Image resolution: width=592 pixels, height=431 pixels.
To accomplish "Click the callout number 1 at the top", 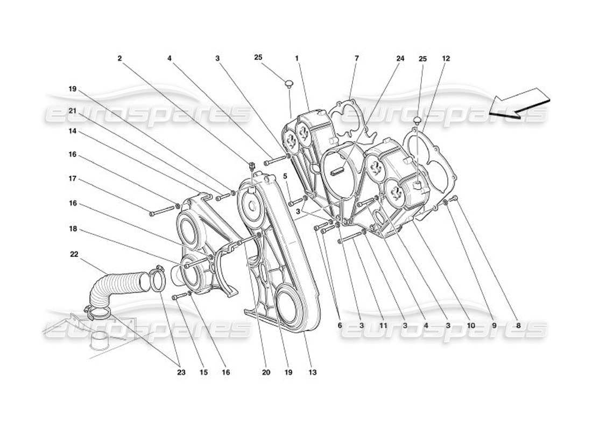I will tap(297, 58).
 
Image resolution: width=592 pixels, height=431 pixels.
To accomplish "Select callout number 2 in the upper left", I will tap(119, 58).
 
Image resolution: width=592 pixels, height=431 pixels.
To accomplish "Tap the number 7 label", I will tap(356, 58).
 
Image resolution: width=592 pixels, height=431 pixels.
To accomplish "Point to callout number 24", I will tap(400, 58).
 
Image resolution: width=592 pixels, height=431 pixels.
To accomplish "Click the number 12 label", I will tap(446, 58).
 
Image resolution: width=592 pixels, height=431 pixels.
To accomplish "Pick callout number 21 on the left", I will tap(72, 110).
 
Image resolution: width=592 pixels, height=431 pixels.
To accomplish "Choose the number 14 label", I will tap(72, 131).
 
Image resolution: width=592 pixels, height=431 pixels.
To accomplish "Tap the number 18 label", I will tap(72, 229).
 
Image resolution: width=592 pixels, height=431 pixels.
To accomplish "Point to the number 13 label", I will tap(313, 372).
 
